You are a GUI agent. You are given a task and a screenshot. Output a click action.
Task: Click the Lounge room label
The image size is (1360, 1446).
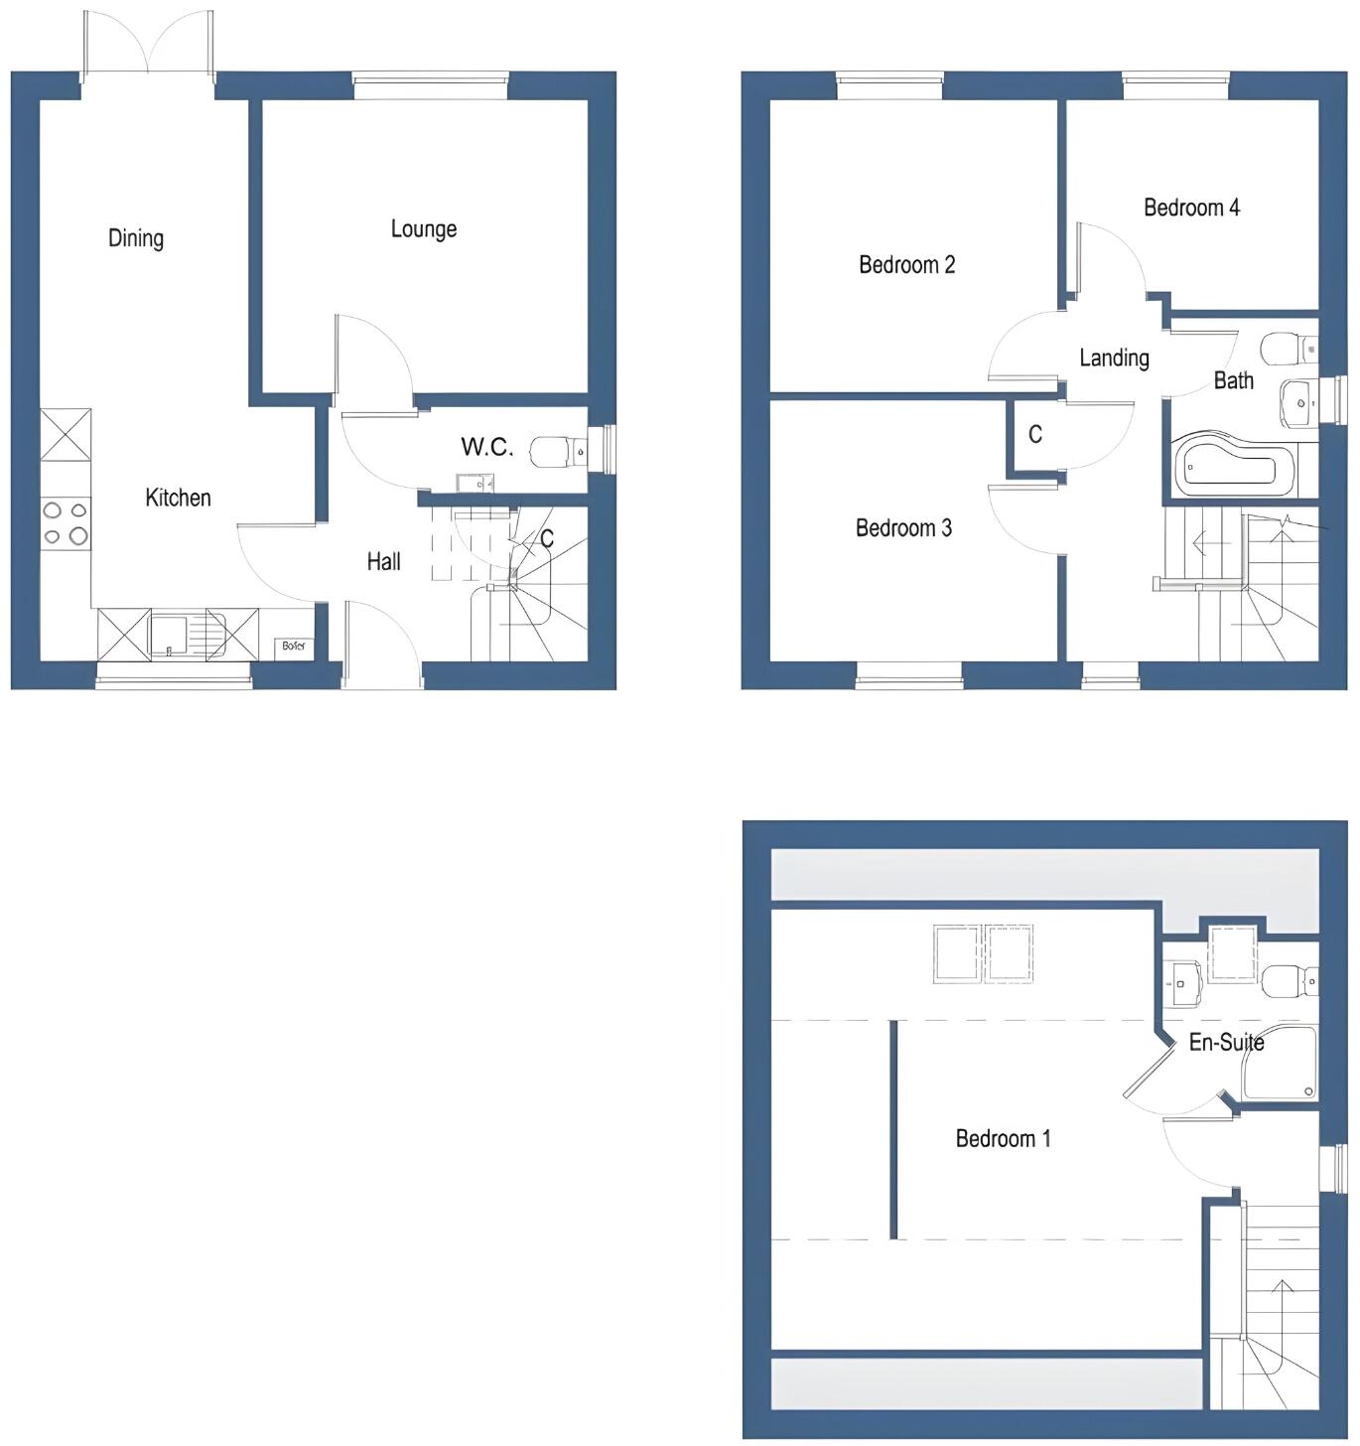(424, 229)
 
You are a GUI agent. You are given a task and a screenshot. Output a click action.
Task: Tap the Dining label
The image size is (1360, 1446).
(136, 238)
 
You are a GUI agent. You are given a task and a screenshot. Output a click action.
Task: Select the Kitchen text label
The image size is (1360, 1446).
(178, 498)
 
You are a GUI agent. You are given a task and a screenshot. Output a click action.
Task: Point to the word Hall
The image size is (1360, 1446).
(383, 562)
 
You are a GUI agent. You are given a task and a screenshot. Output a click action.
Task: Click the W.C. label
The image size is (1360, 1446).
(486, 447)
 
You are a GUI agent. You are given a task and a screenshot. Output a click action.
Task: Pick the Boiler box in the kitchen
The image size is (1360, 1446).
(294, 647)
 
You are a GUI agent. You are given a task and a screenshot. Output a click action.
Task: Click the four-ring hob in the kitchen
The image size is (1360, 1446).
(66, 523)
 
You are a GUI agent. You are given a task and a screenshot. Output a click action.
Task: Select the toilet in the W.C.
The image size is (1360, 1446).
(556, 452)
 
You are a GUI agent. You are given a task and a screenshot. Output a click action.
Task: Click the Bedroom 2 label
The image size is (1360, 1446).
(906, 265)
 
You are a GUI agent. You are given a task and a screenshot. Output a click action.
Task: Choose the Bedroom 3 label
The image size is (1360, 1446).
(903, 528)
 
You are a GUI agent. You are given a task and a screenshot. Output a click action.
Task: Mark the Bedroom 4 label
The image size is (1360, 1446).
(1191, 208)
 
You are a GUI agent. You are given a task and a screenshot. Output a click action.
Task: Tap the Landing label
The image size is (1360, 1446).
(1114, 359)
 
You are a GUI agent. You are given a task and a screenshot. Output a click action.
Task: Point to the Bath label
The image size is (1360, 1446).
(1233, 380)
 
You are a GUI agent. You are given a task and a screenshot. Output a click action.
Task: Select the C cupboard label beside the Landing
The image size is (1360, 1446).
(1034, 434)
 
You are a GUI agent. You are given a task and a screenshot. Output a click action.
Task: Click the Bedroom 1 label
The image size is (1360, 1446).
(1003, 1139)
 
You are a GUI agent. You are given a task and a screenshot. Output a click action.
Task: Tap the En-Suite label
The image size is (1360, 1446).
(1226, 1043)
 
